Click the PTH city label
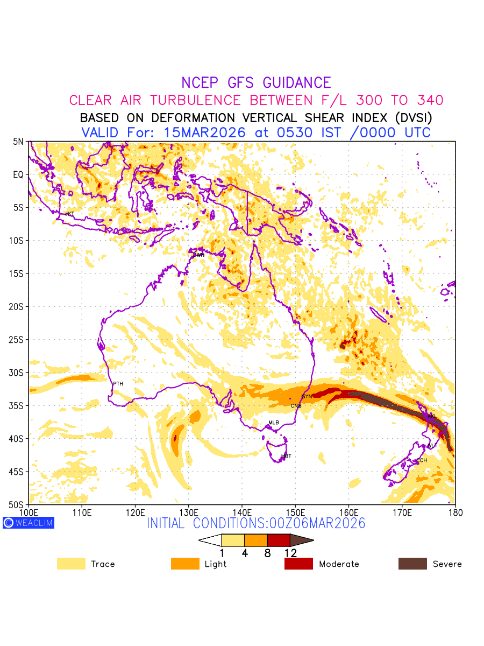point(118,384)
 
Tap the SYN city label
point(307,397)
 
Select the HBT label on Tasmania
point(286,457)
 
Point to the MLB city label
point(274,423)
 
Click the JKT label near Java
point(69,214)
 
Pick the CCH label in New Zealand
point(421,461)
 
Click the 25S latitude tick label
point(17,340)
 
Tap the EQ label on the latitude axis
point(19,174)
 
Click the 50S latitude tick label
point(17,505)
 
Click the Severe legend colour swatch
point(412,564)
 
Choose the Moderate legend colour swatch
point(298,564)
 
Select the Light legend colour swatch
point(185,564)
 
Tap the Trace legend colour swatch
point(71,564)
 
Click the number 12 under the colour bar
point(290,553)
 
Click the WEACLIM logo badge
point(29,523)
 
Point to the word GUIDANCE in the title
point(297,83)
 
